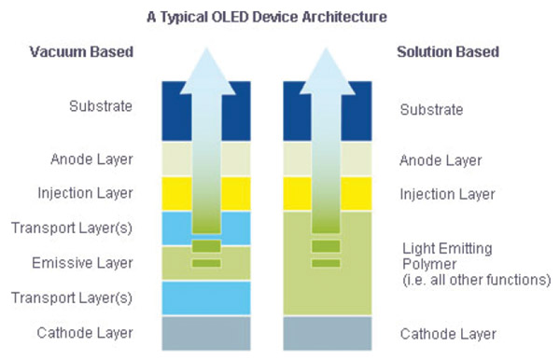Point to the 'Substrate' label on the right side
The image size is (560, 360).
tap(431, 110)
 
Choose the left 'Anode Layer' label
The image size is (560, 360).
tap(92, 159)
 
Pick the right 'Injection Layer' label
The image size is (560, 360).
tap(447, 195)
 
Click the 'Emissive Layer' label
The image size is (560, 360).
tap(92, 262)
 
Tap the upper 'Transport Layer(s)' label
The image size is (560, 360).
tap(85, 228)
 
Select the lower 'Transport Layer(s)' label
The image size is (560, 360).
tap(85, 298)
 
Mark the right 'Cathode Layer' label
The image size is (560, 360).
tap(448, 334)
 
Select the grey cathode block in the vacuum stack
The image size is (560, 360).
tap(205, 331)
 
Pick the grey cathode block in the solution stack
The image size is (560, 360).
tap(325, 331)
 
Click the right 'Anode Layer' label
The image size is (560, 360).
tap(441, 160)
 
